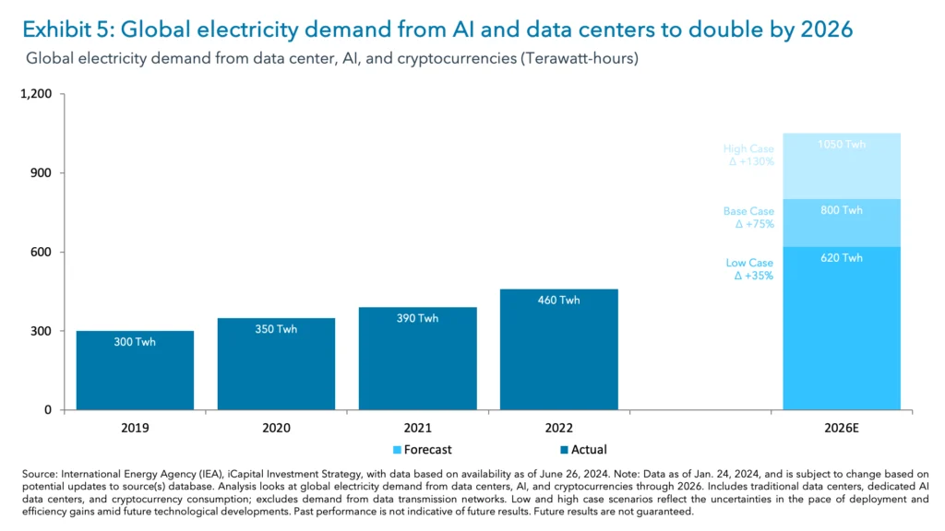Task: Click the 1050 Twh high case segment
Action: [x=841, y=166]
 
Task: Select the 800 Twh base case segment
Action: [x=841, y=222]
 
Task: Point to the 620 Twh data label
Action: [x=841, y=258]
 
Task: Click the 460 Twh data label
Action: [x=558, y=301]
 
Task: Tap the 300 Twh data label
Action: [x=135, y=342]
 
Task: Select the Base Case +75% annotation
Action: [x=748, y=218]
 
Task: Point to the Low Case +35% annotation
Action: [x=749, y=269]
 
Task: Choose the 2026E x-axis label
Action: [x=841, y=429]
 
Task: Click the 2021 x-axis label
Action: [x=417, y=429]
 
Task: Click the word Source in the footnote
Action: [x=40, y=473]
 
